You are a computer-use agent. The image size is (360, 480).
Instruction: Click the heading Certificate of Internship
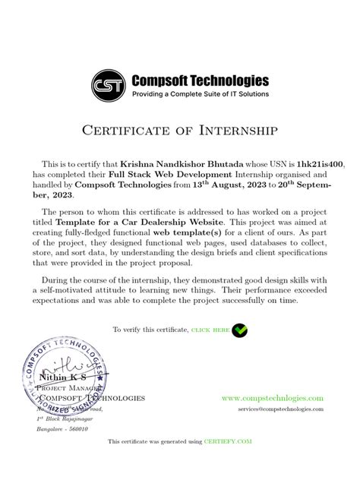(180, 130)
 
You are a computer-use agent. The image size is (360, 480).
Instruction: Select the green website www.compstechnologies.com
(272, 398)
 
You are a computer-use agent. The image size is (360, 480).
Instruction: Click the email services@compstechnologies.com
(280, 409)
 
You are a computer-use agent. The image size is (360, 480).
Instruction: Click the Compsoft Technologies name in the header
(201, 81)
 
